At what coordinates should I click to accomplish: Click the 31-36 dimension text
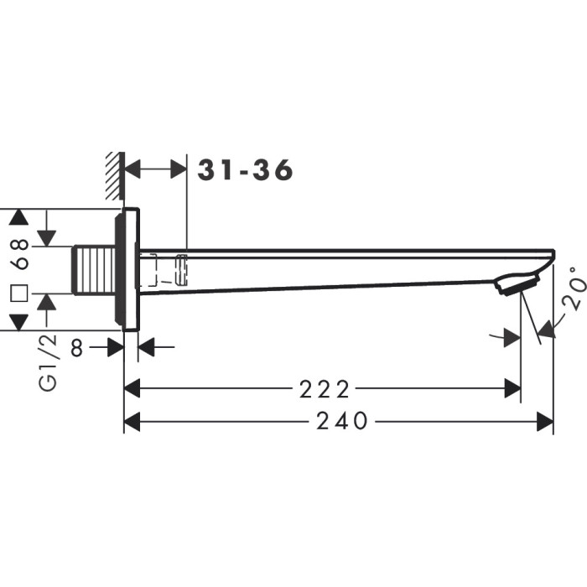click(x=245, y=170)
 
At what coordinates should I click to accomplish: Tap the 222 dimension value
click(x=325, y=389)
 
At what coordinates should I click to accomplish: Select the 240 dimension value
click(x=342, y=421)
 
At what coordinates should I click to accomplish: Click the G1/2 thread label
click(x=49, y=362)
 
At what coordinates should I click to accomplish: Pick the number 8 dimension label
click(x=77, y=348)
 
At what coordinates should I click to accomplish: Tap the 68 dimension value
click(x=19, y=254)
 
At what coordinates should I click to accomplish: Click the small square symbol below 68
click(x=19, y=293)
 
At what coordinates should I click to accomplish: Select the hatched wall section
click(x=114, y=176)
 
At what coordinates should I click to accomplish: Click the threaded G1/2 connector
click(x=94, y=270)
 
